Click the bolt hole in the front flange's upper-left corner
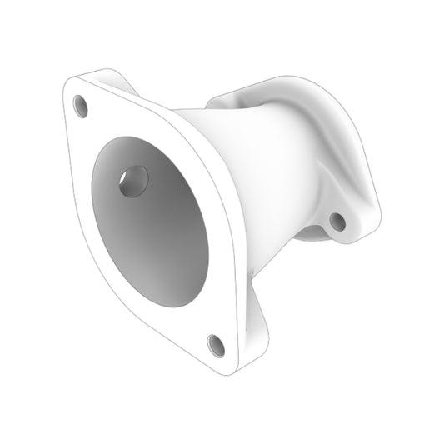(x=81, y=106)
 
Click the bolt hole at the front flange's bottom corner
(x=216, y=343)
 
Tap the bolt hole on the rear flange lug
(x=337, y=221)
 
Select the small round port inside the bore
(x=133, y=181)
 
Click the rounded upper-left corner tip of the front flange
(x=70, y=83)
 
